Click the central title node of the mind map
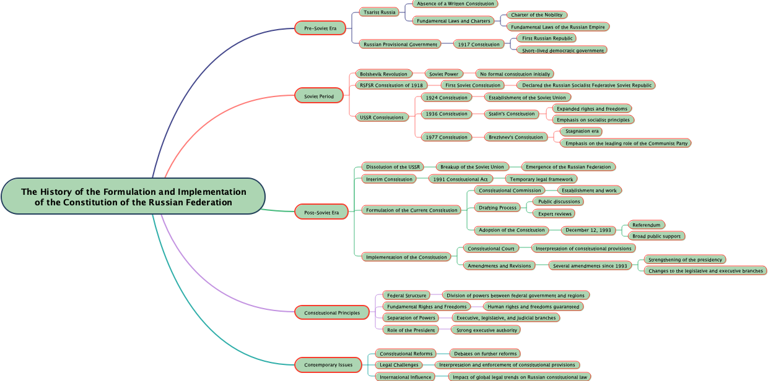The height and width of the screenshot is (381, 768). tap(133, 197)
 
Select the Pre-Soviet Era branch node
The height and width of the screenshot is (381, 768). tap(320, 28)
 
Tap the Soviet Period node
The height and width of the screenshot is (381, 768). tap(319, 96)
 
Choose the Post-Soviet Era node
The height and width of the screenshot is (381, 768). tap(321, 213)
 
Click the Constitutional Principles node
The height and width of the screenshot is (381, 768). tap(332, 313)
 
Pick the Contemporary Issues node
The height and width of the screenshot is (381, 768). tap(328, 365)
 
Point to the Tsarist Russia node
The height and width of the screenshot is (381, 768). tap(380, 12)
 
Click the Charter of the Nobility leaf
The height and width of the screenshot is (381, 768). tap(536, 15)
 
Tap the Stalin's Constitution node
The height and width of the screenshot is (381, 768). tap(511, 114)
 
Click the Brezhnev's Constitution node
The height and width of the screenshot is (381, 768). tap(515, 137)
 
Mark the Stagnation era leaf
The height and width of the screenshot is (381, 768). tap(582, 131)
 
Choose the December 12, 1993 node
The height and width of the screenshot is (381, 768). tap(588, 230)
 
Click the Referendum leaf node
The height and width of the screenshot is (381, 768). tap(647, 225)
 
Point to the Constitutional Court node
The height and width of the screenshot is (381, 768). tap(491, 249)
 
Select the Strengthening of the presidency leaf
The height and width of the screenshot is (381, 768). tap(684, 260)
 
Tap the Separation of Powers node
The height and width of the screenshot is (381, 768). tap(411, 318)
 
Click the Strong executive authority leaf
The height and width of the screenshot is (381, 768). tap(486, 330)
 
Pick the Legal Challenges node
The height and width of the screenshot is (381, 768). tap(399, 365)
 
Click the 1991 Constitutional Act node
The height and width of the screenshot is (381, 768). tap(460, 179)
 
